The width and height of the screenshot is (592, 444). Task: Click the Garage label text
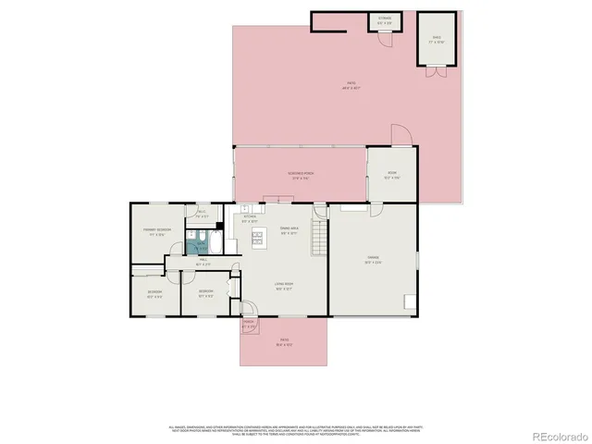pos(374,260)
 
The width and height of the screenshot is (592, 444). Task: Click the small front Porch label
pos(249,325)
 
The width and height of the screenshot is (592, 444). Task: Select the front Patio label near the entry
pos(284,342)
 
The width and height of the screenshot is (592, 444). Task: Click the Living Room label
pos(283,287)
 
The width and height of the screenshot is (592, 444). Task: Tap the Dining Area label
pos(288,230)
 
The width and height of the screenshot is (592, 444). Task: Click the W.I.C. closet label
pos(202,216)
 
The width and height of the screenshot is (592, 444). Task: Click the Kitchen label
pos(250,218)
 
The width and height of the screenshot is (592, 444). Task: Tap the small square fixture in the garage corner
pos(408,301)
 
